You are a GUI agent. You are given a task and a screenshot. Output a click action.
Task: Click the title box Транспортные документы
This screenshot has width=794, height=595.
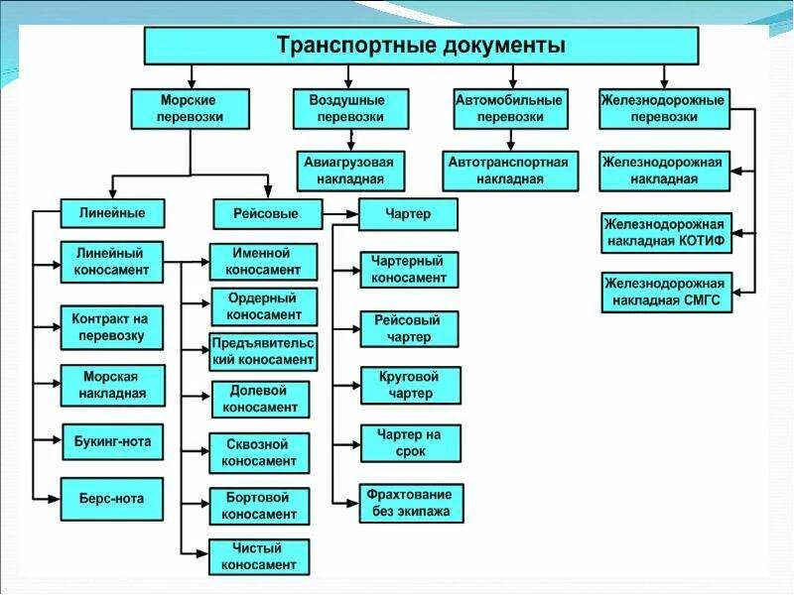pos(421,45)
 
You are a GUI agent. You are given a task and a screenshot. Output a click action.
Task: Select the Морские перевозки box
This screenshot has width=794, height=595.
pos(189,108)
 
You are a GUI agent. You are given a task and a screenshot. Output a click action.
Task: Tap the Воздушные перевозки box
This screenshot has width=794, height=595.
pos(352,108)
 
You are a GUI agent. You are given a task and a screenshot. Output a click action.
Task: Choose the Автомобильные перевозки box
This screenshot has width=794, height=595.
pos(510,108)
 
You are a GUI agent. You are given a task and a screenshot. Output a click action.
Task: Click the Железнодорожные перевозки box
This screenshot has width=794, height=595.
pos(663,108)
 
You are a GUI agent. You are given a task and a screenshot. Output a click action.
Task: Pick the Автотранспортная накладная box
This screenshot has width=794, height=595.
pos(508,171)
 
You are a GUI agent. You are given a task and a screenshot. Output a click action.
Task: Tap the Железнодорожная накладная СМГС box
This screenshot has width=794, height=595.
pos(666,293)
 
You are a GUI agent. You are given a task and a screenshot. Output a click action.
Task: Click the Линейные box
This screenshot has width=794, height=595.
pos(111,213)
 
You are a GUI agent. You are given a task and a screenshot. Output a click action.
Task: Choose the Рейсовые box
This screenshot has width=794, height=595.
pos(268,213)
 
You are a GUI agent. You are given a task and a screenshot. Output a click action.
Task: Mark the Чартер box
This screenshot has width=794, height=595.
pos(408,213)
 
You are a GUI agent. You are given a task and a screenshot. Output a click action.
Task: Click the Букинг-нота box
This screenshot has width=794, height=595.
pos(112,442)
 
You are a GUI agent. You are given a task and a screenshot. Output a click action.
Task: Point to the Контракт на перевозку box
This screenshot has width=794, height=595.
pos(110,327)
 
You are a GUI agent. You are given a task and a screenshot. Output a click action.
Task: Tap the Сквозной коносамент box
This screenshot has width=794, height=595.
pos(260,453)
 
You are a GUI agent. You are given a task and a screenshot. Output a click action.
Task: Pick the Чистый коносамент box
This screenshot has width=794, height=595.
pos(260,556)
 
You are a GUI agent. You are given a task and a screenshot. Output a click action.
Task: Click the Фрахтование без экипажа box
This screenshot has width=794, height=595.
pos(411,503)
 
